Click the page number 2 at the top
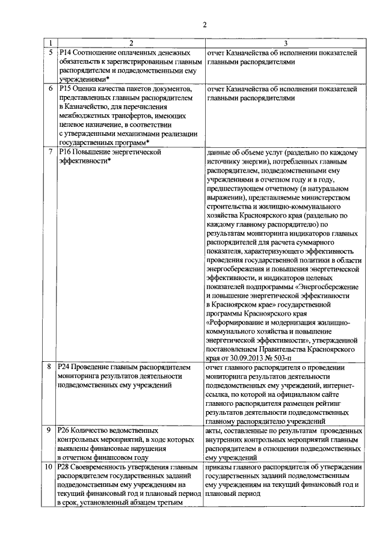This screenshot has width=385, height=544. tap(205, 25)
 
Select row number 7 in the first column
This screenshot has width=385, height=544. tap(51, 152)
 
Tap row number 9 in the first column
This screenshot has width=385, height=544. tap(51, 430)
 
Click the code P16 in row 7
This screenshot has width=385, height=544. tap(66, 152)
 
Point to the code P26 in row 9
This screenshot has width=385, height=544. tap(66, 430)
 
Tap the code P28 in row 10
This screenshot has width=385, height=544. tap(66, 466)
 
